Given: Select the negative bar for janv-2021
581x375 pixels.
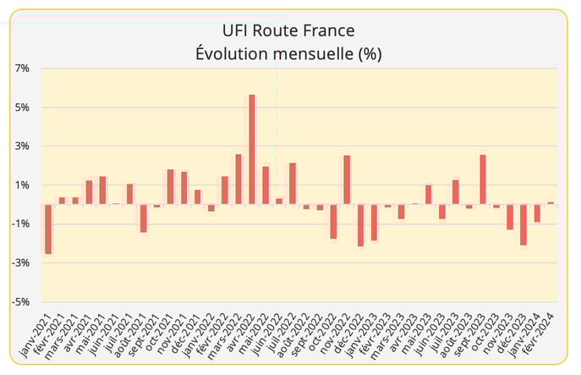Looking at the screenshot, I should (x=48, y=229).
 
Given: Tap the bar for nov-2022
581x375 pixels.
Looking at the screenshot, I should (x=347, y=179).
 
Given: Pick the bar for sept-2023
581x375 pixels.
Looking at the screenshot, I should (x=482, y=179).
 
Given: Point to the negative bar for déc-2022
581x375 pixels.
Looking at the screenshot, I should (x=360, y=224).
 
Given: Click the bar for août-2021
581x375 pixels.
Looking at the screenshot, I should (x=144, y=218).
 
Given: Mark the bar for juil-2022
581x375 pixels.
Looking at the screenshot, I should (x=293, y=183).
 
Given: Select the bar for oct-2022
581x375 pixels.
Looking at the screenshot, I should (x=333, y=221).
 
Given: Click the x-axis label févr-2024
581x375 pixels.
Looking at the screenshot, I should (x=540, y=335).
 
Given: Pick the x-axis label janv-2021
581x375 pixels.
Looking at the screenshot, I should (x=38, y=335).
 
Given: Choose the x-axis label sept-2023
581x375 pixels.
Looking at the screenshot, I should (x=472, y=335).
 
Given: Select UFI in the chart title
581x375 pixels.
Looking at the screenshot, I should (x=238, y=31).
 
